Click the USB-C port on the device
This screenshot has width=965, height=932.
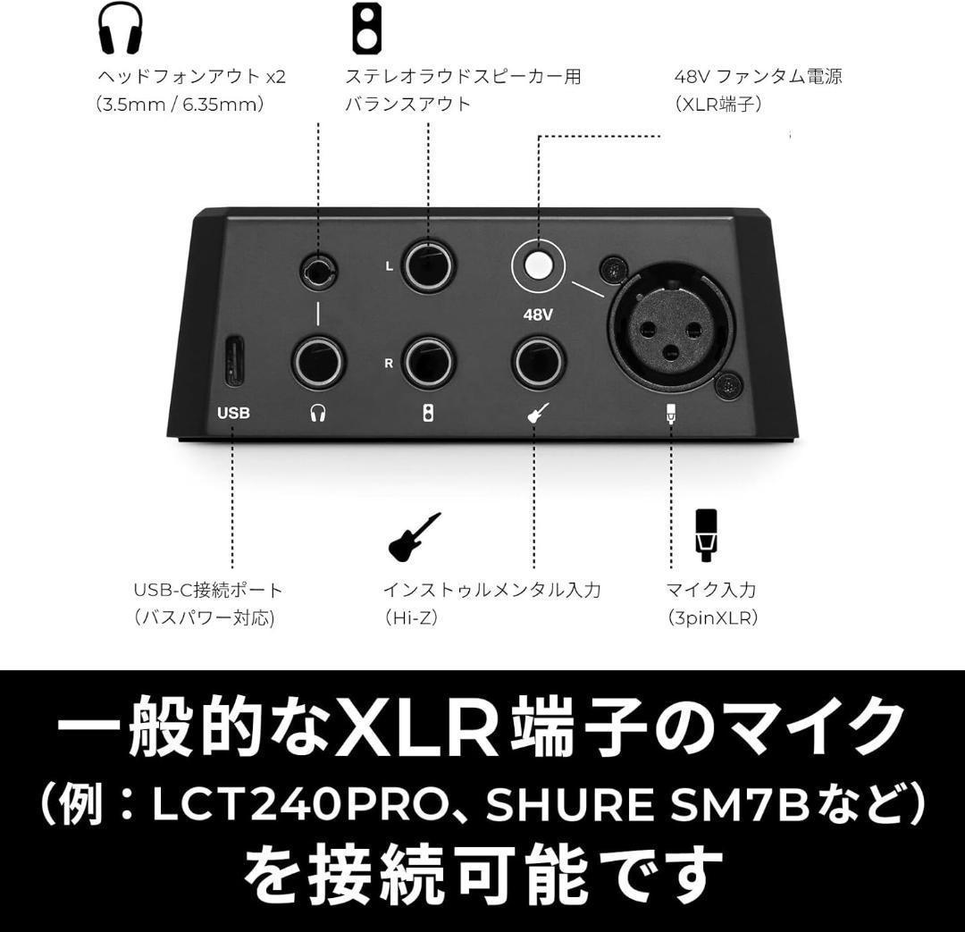click(233, 361)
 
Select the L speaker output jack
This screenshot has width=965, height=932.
click(429, 266)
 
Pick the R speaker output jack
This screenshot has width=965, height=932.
click(429, 363)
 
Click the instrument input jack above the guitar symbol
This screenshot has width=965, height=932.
click(538, 363)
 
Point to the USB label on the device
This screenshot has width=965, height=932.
click(233, 413)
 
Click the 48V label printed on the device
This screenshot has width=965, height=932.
click(538, 315)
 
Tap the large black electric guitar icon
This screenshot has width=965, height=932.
click(414, 538)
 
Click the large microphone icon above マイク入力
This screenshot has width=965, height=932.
click(707, 534)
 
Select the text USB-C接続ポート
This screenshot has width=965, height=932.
click(207, 590)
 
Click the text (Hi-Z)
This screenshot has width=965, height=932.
click(411, 617)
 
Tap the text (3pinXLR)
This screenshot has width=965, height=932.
click(711, 617)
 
